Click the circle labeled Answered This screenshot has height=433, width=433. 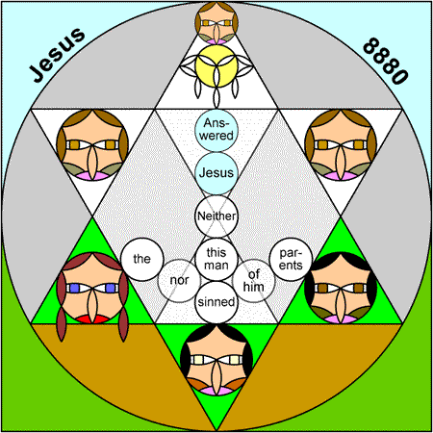(216, 130)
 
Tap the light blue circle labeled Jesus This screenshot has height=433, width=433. (216, 173)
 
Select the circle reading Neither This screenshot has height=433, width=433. (216, 216)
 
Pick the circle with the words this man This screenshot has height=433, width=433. (216, 259)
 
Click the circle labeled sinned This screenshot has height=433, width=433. (216, 302)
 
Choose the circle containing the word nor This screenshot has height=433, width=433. (179, 281)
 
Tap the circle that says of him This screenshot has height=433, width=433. (254, 281)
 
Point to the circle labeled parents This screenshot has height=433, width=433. (291, 259)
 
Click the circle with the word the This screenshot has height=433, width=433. (142, 259)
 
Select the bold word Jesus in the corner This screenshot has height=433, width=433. (57, 55)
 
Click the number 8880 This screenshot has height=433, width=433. (386, 61)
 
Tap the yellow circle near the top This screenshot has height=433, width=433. (216, 66)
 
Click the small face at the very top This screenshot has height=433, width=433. (216, 23)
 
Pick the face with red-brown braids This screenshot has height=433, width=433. (92, 288)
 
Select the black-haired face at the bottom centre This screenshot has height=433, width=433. (216, 359)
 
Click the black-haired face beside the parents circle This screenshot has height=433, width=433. (341, 288)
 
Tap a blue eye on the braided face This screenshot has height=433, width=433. (74, 288)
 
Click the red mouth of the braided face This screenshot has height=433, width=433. (92, 319)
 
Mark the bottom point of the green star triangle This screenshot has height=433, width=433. (216, 430)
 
